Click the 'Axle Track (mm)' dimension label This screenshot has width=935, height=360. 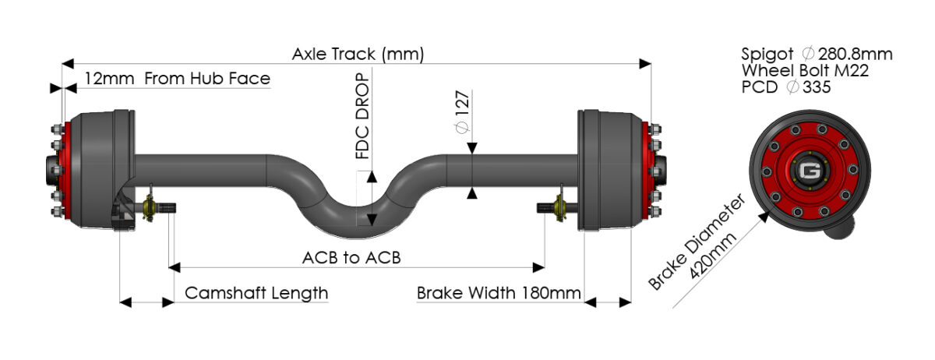(x=358, y=55)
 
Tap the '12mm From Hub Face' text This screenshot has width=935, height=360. (x=177, y=79)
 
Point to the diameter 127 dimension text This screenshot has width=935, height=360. (x=461, y=115)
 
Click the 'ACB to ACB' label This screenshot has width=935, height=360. (x=351, y=257)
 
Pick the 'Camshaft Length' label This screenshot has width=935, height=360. (x=256, y=293)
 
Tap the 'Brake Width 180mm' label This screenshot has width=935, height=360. (x=499, y=293)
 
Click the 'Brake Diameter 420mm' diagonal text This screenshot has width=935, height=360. (x=697, y=243)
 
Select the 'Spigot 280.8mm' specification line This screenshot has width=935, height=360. (x=817, y=55)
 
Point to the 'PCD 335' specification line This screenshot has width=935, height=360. (x=785, y=87)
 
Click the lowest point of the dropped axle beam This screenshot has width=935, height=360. (x=365, y=228)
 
